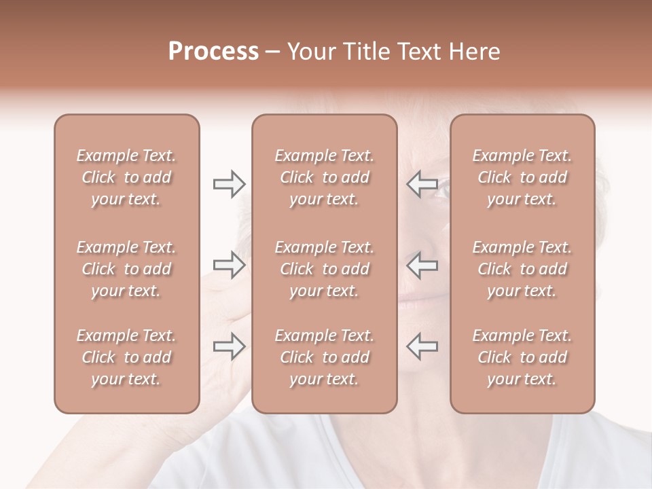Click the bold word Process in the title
click(213, 52)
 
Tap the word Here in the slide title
click(475, 52)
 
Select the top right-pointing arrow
click(229, 184)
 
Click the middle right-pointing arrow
click(229, 265)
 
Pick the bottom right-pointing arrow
click(229, 346)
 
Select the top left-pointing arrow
click(422, 184)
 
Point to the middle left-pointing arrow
click(422, 265)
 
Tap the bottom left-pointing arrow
click(422, 346)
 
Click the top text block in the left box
click(126, 177)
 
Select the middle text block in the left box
click(126, 269)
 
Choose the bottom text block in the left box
click(126, 357)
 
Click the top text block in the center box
click(324, 177)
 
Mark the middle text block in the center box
click(324, 269)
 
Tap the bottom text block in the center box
click(324, 357)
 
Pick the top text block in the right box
click(522, 177)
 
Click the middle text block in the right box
click(522, 269)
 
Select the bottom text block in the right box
click(522, 357)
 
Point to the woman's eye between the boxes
click(440, 191)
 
